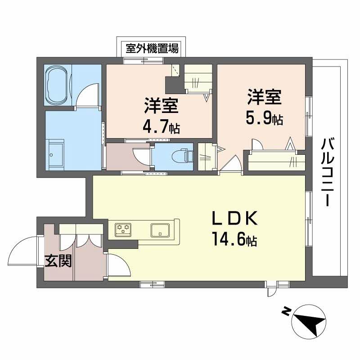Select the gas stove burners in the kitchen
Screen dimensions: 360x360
(123, 229)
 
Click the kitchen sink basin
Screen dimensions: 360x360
(159, 229)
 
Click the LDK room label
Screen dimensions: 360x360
(234, 219)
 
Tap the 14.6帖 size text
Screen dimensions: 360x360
(234, 240)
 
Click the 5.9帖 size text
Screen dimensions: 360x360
(264, 118)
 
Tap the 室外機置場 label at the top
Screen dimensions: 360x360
(152, 48)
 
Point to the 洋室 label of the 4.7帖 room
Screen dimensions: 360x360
(161, 107)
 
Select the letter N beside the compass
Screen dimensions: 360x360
(284, 310)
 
